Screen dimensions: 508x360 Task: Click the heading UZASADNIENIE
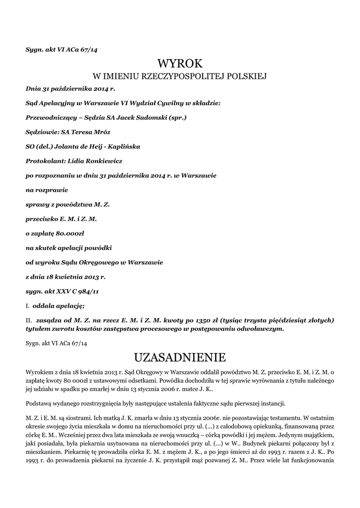tap(180, 357)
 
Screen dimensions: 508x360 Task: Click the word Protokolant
tap(43, 161)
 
